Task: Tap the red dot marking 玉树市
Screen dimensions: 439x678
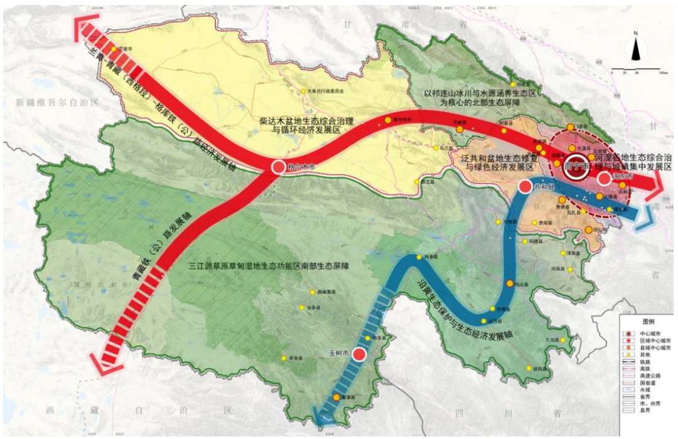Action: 359,354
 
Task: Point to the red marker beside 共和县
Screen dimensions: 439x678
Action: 525,187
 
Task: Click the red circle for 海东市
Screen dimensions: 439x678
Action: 604,179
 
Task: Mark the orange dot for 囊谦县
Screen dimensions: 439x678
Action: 336,398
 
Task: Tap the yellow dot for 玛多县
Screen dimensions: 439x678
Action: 419,257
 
